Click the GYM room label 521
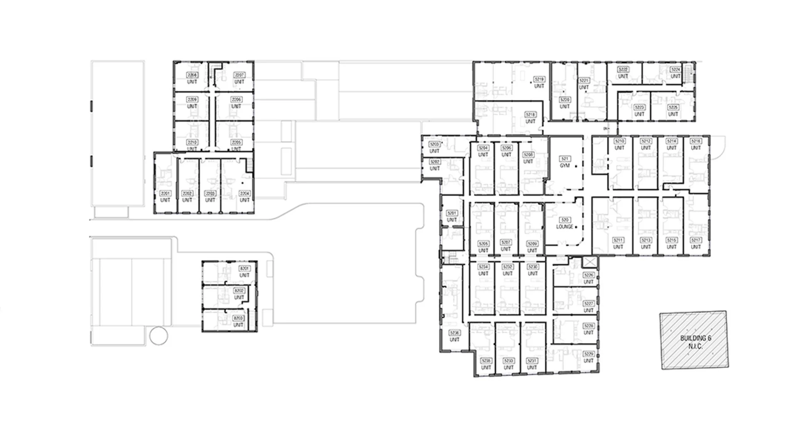565,159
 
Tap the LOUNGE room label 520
565,220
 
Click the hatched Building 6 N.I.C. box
694,340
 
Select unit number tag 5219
539,79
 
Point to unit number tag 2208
192,75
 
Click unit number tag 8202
239,290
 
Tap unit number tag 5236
454,333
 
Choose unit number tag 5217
696,240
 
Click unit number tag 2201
166,193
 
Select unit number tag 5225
673,107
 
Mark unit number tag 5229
588,354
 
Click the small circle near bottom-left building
159,335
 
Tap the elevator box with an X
590,262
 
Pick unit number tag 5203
434,144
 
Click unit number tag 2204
245,193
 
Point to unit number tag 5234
483,267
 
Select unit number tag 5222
623,70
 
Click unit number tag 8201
244,269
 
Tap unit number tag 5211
618,240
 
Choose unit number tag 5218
530,114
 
